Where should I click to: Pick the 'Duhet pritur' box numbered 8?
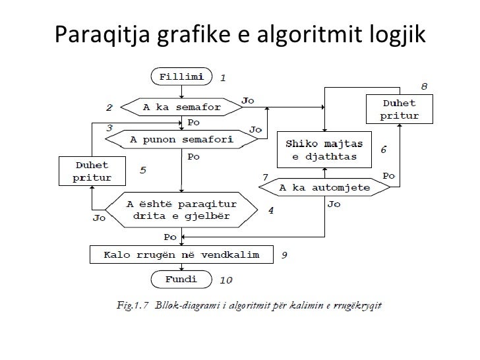coord(399,109)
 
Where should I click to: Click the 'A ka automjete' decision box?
coord(324,187)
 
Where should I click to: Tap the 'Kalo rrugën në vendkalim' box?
coord(182,254)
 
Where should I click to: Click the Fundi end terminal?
coord(181,279)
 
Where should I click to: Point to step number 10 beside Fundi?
coord(225,280)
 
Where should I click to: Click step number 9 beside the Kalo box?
coord(284,255)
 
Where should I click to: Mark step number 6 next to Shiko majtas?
coord(383,150)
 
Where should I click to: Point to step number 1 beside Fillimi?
coord(223,77)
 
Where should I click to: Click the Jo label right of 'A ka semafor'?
coord(248,100)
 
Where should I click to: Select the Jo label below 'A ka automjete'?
coord(334,204)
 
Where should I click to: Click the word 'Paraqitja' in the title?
coord(102,32)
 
